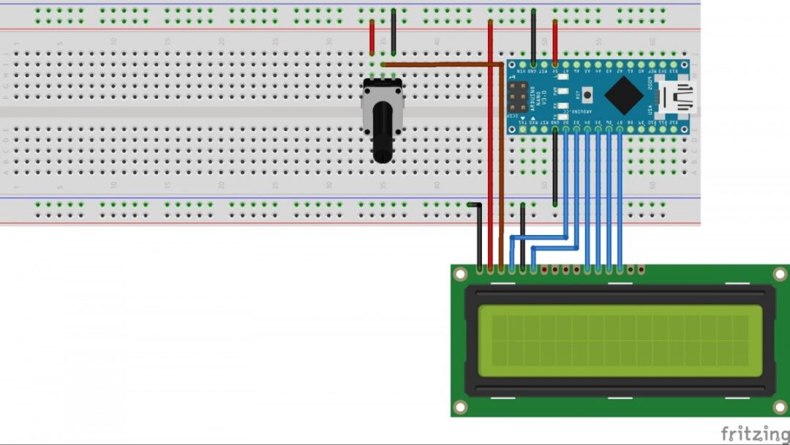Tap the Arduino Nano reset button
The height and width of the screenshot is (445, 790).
[x=587, y=95]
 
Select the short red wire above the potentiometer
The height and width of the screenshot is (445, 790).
[x=372, y=37]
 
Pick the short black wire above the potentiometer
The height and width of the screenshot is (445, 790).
[x=394, y=33]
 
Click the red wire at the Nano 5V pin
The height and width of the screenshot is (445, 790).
[x=554, y=40]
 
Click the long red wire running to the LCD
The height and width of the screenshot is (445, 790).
[x=489, y=146]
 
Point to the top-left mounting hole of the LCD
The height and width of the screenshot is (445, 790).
[x=460, y=274]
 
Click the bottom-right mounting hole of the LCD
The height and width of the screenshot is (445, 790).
[x=780, y=406]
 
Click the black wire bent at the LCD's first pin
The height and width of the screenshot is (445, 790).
[x=477, y=234]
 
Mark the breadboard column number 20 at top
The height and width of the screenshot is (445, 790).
[x=221, y=42]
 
